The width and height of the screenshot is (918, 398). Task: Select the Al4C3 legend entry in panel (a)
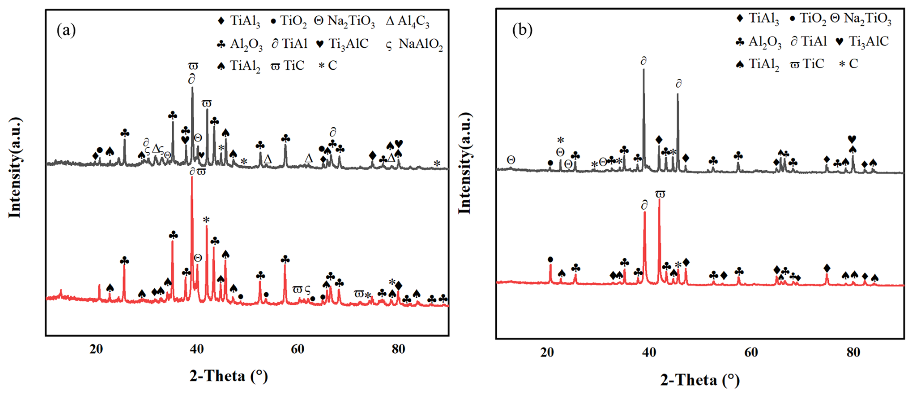408,22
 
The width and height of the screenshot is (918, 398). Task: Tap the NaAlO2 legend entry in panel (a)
415,44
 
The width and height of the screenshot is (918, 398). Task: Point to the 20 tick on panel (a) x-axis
96,349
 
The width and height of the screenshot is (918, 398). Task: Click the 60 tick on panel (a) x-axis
298,349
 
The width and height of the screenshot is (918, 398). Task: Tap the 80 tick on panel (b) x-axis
853,352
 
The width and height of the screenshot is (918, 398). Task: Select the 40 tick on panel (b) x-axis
649,352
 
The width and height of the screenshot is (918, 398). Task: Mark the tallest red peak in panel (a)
192,178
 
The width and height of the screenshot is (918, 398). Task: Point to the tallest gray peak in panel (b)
644,70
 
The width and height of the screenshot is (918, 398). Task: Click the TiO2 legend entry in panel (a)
289,22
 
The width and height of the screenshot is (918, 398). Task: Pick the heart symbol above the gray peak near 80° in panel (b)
852,139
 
